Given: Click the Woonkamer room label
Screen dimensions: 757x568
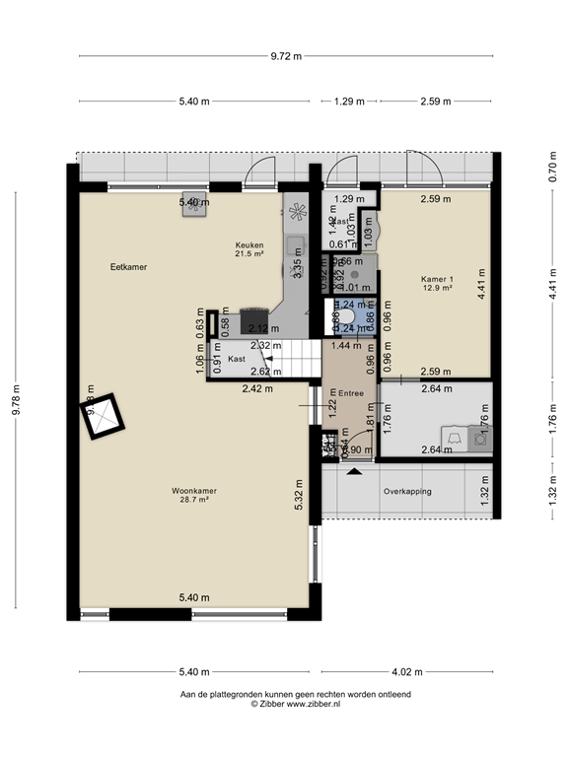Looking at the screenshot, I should click(193, 490).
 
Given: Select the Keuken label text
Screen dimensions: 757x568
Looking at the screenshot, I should click(248, 244).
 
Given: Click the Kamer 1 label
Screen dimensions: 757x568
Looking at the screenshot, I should click(436, 279).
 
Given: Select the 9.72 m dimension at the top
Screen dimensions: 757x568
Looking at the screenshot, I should click(286, 56).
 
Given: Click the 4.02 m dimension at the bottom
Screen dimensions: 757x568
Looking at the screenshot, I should click(407, 672).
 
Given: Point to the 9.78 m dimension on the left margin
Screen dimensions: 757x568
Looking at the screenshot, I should click(15, 400).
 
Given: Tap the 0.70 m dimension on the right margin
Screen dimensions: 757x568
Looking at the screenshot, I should click(553, 167).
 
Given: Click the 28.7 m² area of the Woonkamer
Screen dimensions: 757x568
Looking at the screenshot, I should click(193, 500).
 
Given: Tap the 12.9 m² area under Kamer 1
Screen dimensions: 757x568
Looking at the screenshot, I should click(436, 289).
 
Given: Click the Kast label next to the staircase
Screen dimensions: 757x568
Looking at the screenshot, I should click(237, 360).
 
